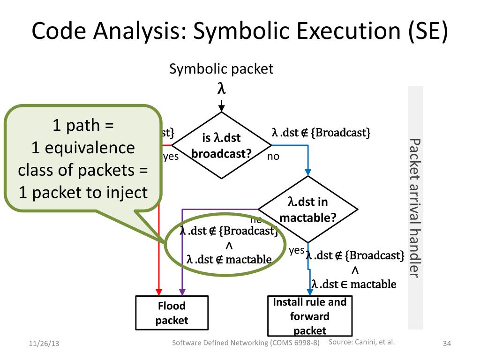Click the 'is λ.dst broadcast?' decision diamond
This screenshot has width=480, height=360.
221,145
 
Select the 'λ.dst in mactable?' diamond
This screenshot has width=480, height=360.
308,210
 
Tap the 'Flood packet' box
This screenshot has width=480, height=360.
172,313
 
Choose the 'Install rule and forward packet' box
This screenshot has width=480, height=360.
309,315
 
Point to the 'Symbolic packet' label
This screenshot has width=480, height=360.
221,69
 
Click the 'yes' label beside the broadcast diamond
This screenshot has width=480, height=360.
171,157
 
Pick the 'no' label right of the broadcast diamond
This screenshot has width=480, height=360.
273,157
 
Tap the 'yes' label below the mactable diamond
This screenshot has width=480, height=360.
297,250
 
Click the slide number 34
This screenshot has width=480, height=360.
447,345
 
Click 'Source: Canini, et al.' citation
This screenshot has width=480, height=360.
361,342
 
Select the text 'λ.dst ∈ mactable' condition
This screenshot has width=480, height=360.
354,284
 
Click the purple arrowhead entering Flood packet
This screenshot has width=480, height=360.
182,292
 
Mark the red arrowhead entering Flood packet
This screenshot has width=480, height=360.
158,292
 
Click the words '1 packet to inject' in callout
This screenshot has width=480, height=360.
83,192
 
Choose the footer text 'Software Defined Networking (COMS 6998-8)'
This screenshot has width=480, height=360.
246,343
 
